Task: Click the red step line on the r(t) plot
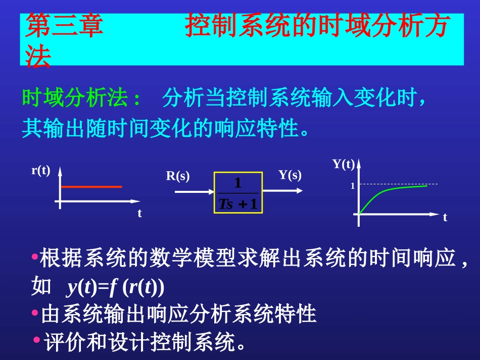[x=91, y=187]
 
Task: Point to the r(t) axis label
[x=41, y=171]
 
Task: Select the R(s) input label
[x=178, y=176]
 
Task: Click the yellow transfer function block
[x=238, y=192]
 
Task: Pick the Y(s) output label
[x=290, y=175]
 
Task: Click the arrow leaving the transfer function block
[x=283, y=190]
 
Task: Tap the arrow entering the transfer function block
[x=195, y=192]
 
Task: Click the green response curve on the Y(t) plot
[x=384, y=192]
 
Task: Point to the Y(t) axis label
[x=344, y=164]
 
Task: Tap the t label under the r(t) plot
[x=140, y=214]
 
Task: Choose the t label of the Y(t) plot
[x=445, y=218]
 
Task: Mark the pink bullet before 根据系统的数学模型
[x=34, y=257]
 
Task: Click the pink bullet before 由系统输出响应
[x=34, y=313]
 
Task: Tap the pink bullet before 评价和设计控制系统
[x=37, y=339]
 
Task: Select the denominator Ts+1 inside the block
[x=238, y=203]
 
